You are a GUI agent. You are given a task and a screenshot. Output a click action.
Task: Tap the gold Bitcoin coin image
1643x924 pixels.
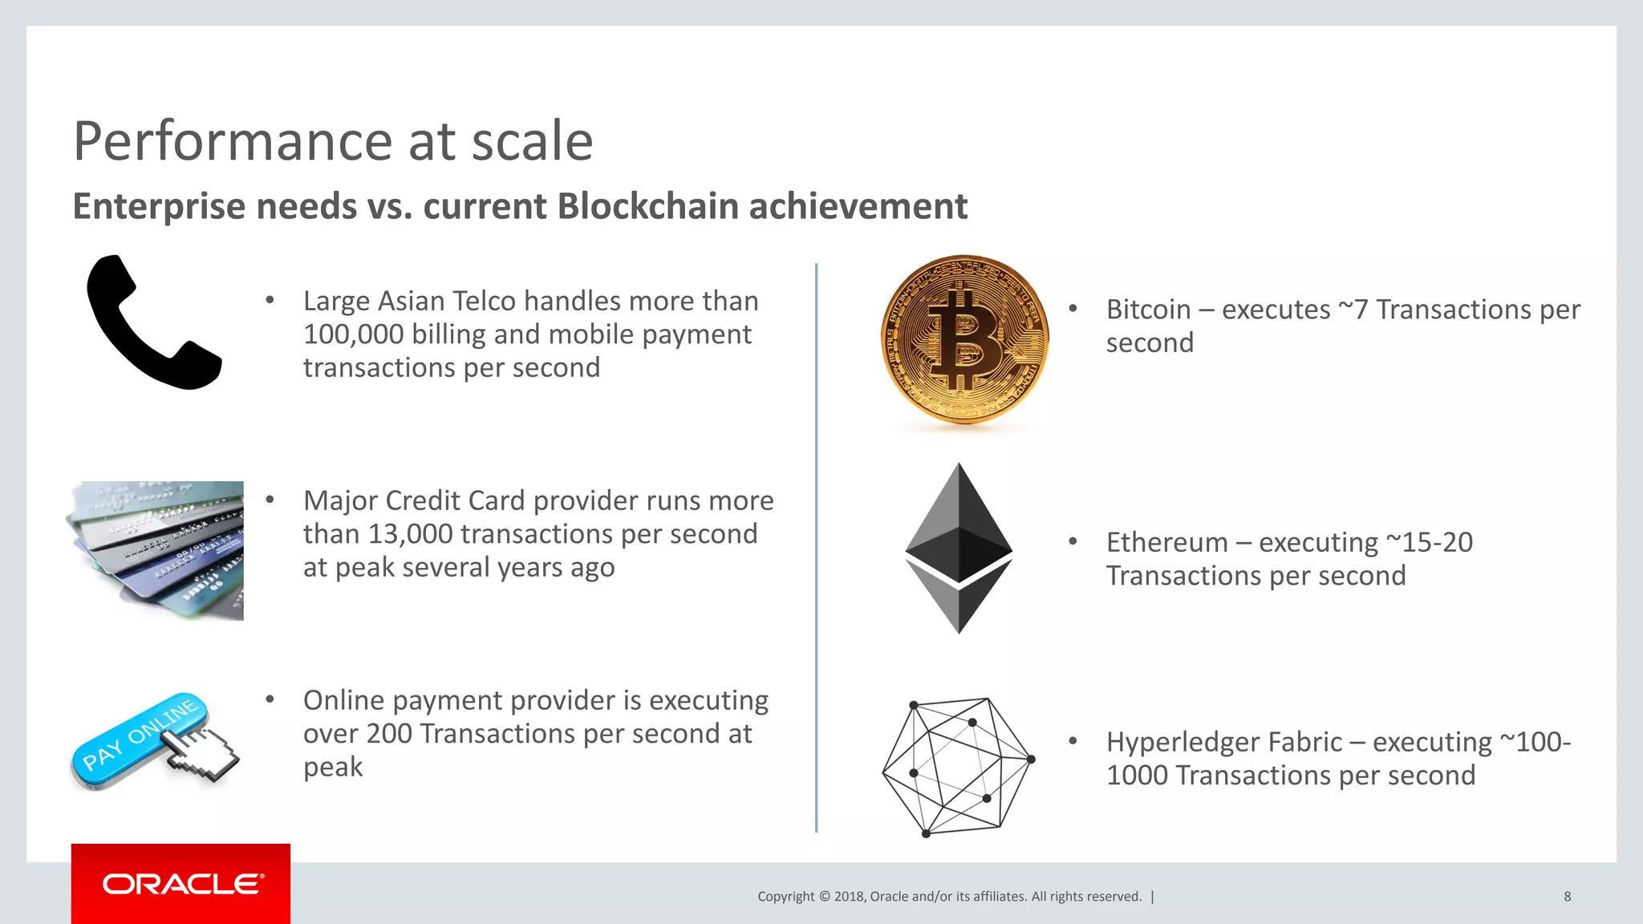click(x=964, y=339)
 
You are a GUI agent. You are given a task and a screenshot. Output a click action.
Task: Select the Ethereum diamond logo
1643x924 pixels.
click(x=959, y=548)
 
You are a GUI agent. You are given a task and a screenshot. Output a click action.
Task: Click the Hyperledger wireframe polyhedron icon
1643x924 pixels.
click(x=957, y=766)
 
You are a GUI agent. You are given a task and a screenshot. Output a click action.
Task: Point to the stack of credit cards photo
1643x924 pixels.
click(x=156, y=550)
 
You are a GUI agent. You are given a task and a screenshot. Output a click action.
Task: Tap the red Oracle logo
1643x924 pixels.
click(x=181, y=884)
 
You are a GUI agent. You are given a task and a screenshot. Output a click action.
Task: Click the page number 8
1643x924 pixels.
click(x=1567, y=897)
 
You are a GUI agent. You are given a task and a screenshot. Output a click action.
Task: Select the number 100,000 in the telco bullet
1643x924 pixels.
click(x=353, y=334)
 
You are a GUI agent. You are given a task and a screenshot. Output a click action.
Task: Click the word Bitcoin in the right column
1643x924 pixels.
click(x=1148, y=310)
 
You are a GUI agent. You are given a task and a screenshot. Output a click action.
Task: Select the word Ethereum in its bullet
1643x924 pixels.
click(x=1166, y=542)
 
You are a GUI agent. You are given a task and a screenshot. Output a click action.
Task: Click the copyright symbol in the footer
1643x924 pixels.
click(x=824, y=897)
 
